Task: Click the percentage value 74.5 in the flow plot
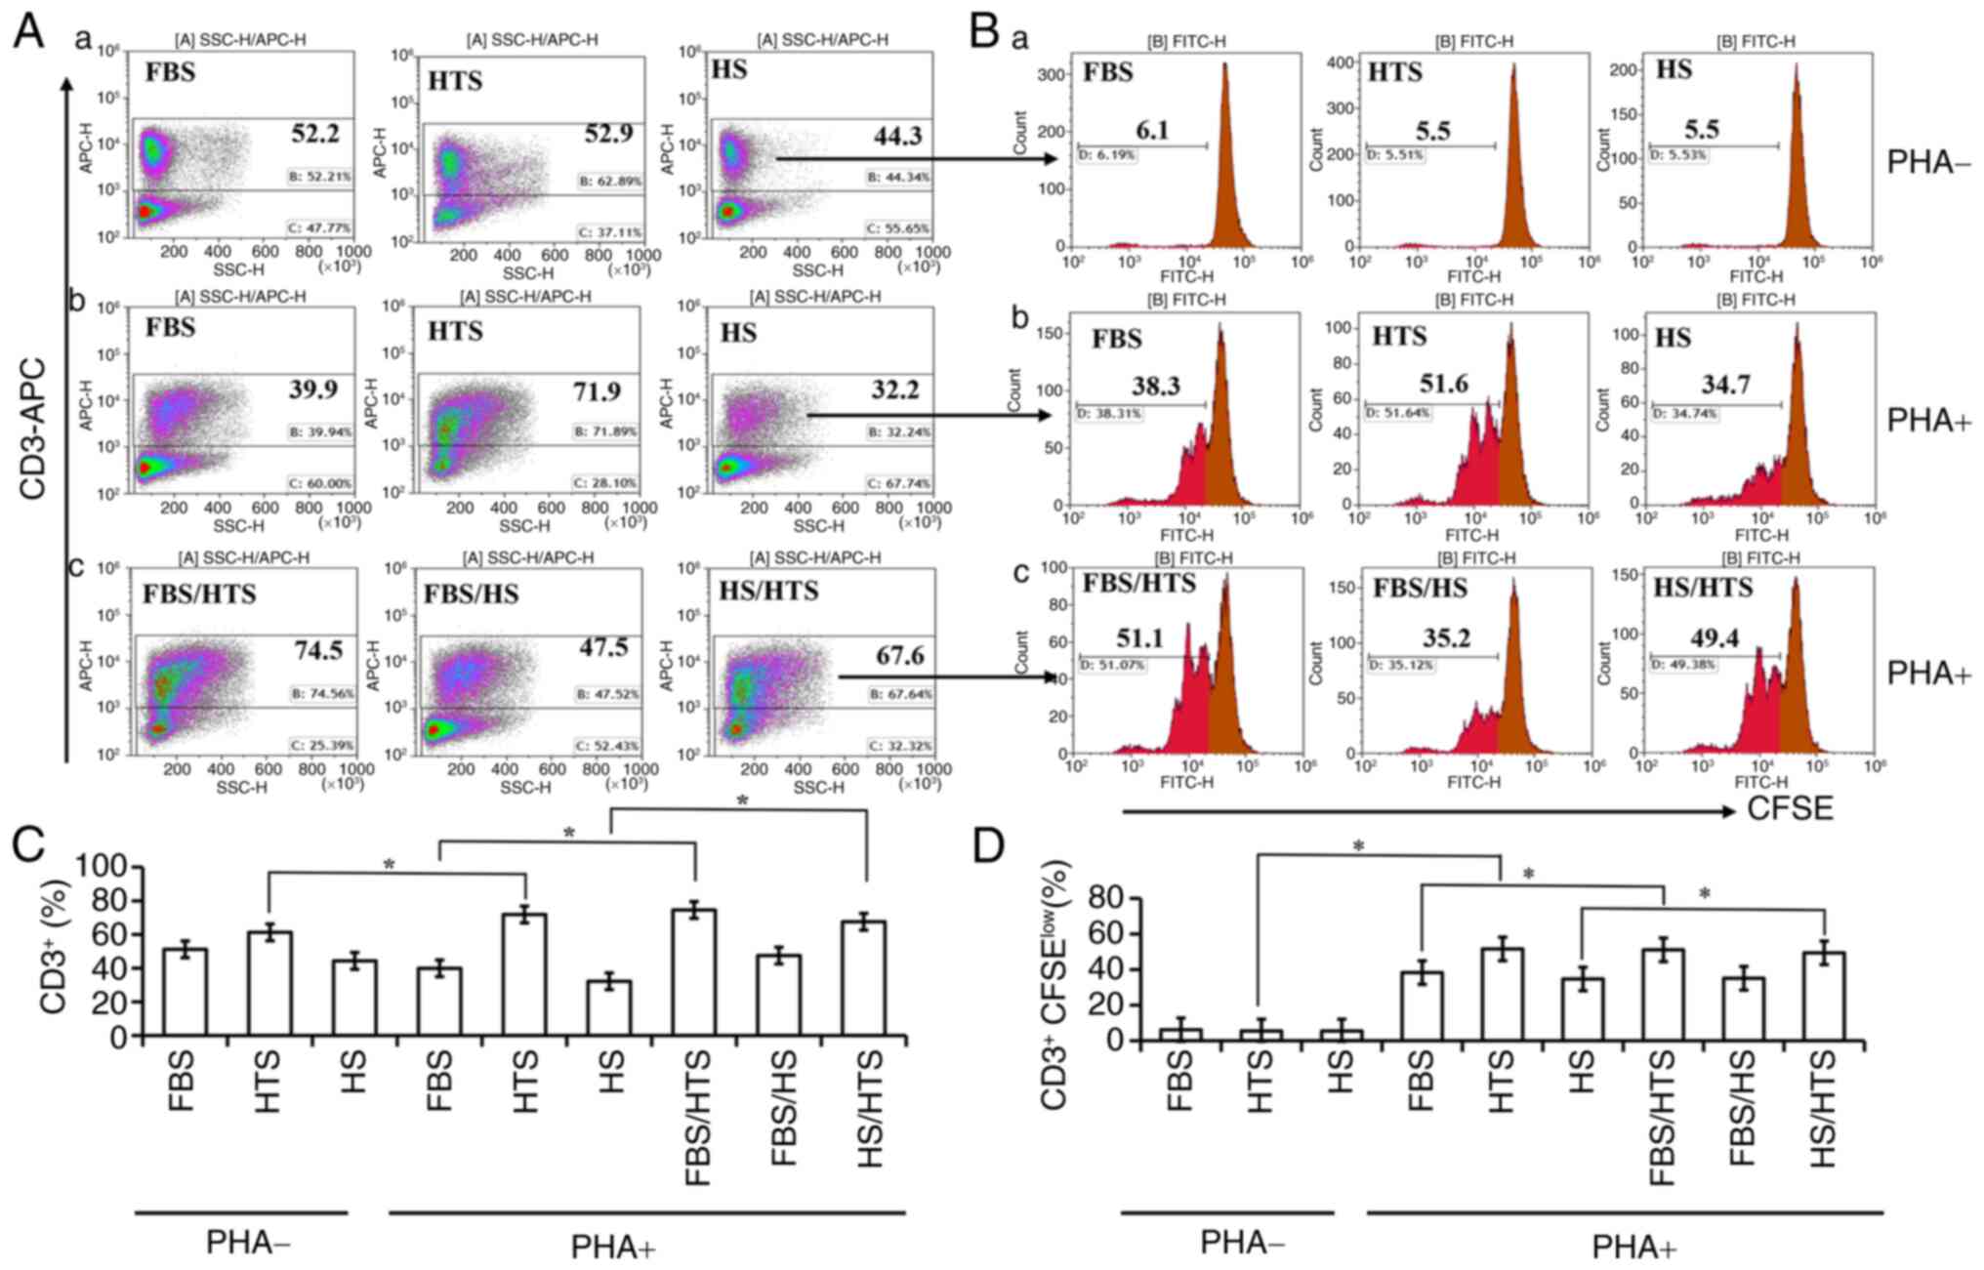(321, 650)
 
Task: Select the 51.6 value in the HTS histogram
(1444, 384)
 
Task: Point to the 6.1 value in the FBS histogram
(1152, 129)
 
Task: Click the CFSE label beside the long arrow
(1790, 809)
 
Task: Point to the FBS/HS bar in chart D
(1743, 1009)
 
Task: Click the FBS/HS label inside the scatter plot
(472, 594)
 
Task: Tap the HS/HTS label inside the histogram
(1703, 587)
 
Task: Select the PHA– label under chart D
(1242, 1244)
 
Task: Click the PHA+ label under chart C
(612, 1247)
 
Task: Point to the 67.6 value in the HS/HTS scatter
(899, 655)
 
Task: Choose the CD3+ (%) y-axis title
(55, 947)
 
